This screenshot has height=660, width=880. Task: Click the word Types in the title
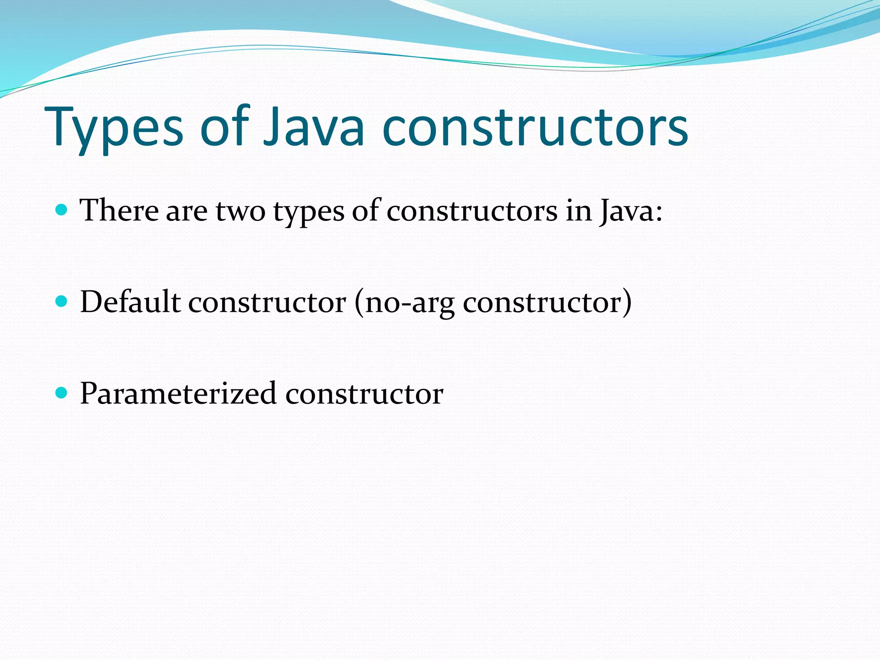click(114, 127)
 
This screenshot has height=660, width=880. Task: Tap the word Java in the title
click(314, 127)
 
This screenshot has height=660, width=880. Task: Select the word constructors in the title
click(535, 127)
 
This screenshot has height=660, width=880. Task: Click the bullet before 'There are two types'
click(62, 210)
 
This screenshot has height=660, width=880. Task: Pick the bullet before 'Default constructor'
click(62, 301)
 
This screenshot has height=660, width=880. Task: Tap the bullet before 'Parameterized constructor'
click(62, 393)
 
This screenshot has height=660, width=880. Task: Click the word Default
click(130, 302)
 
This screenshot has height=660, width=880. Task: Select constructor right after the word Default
click(267, 302)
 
